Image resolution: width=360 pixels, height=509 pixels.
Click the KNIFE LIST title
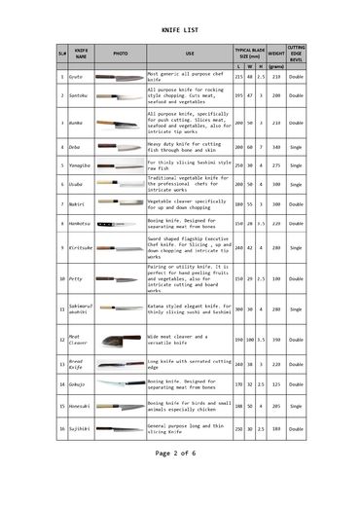pos(179,31)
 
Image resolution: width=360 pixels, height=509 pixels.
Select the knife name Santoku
pos(78,96)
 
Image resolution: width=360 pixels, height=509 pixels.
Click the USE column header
pos(189,54)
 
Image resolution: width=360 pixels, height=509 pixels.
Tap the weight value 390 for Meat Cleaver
pos(275,340)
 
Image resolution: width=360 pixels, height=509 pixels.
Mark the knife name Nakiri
pos(77,204)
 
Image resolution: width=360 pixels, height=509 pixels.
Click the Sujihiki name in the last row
pos(79,428)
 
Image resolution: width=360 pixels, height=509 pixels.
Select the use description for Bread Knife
pos(189,364)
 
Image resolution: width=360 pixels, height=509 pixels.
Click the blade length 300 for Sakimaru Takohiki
pos(238,309)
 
